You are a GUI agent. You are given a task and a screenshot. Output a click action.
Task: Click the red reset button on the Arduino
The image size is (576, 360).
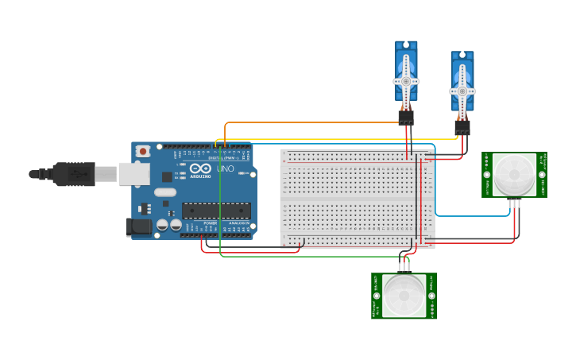[x=143, y=150]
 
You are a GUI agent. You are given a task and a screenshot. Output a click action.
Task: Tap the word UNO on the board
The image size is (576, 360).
[x=225, y=169]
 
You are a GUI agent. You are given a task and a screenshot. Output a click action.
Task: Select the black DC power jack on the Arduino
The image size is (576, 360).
[x=139, y=226]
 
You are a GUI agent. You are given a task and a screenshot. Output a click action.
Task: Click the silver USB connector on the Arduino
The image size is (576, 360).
[x=134, y=174]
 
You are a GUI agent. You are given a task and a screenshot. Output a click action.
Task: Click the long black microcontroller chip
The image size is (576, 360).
[x=216, y=211]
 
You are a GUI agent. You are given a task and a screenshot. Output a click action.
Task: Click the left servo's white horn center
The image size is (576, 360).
[x=406, y=81]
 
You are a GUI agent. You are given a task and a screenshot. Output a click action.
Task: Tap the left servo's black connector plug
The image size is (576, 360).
[x=406, y=118]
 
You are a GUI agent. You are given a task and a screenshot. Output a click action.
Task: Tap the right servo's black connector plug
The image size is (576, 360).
[x=462, y=127]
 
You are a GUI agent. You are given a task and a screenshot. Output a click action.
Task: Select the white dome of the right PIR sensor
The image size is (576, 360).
[x=514, y=175]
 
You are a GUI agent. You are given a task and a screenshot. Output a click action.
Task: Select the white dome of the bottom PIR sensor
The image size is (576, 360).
[x=404, y=296]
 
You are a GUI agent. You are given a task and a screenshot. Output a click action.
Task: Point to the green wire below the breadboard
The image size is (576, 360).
[x=310, y=256]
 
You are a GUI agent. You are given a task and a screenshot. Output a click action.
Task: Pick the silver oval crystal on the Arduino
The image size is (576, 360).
[x=165, y=192]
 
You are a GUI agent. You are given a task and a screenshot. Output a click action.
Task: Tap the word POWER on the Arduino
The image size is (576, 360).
[x=210, y=223]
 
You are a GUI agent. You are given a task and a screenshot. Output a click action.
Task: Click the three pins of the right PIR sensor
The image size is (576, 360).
[x=514, y=204]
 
